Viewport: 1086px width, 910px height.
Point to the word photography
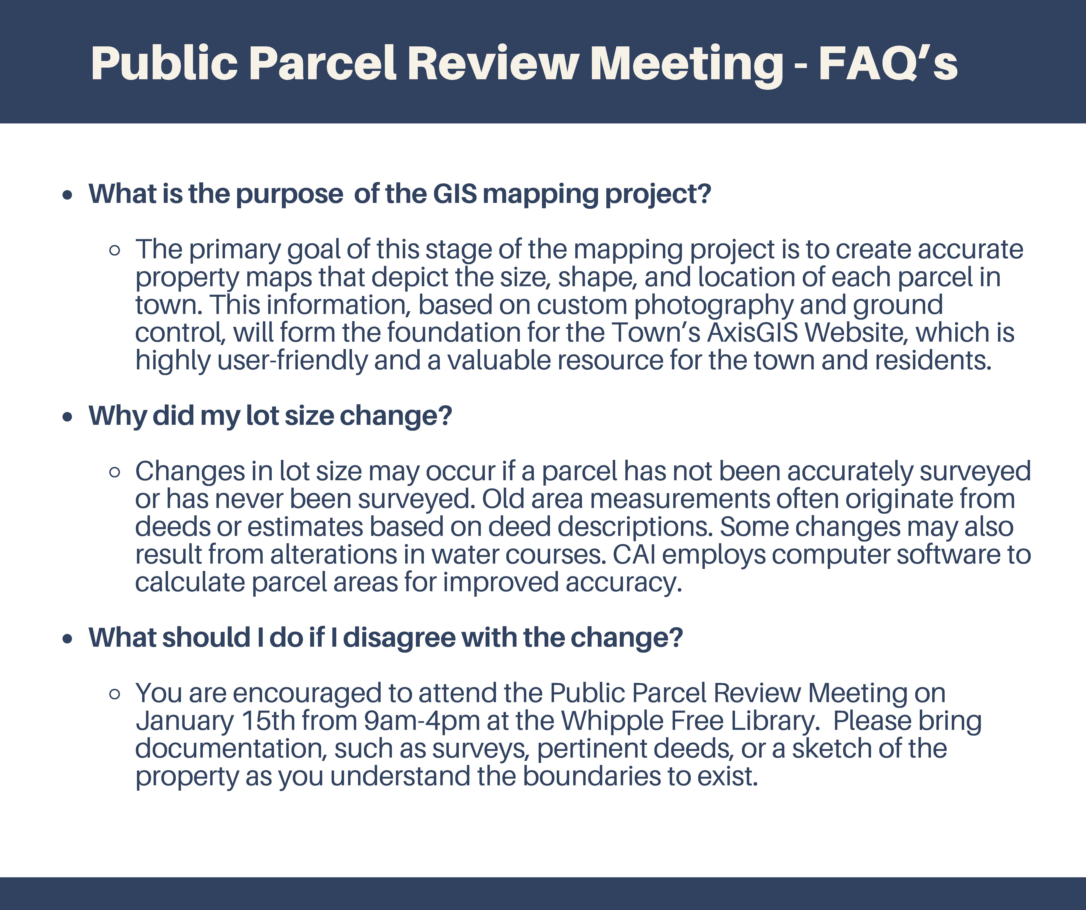[714, 305]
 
